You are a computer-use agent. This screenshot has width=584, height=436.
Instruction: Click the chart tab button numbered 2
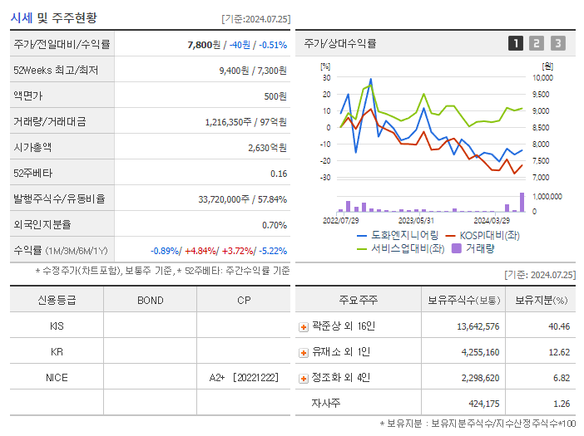click(537, 44)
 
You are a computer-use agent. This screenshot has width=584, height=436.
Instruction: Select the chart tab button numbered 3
click(557, 44)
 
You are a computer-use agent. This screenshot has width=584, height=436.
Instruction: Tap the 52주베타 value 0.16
click(279, 174)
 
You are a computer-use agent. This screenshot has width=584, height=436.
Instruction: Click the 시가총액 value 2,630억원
click(267, 148)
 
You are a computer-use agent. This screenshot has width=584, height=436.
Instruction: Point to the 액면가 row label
click(31, 96)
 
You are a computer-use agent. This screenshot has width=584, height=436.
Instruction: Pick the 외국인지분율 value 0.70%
click(274, 225)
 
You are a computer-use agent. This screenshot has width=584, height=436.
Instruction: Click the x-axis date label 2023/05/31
click(416, 220)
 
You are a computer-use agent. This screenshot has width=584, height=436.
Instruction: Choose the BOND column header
click(150, 300)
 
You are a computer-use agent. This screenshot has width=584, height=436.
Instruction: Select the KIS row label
click(57, 326)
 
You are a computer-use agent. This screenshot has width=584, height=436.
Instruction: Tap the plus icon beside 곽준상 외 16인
click(304, 327)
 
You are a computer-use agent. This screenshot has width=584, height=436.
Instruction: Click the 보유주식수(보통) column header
click(464, 300)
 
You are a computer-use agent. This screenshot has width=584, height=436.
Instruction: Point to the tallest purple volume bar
click(522, 202)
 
